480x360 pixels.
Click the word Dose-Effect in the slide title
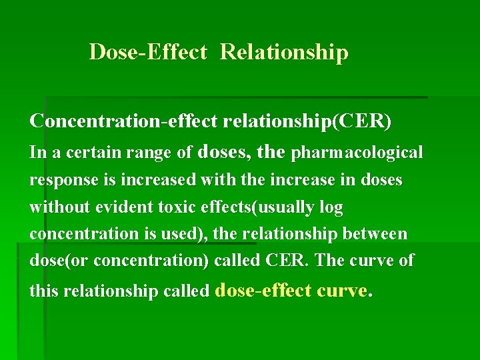click(148, 52)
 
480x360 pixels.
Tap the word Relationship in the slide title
click(284, 52)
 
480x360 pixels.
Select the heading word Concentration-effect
click(125, 121)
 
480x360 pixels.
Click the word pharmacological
click(357, 153)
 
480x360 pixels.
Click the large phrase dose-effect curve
click(291, 290)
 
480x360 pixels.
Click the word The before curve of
click(329, 261)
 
